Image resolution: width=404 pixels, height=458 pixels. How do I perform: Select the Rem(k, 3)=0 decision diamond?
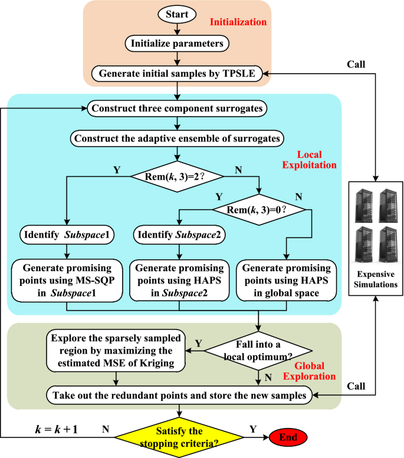point(259,208)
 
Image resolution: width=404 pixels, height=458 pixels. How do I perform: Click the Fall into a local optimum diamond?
point(259,351)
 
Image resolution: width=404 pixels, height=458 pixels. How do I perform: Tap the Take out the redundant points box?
point(180,396)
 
